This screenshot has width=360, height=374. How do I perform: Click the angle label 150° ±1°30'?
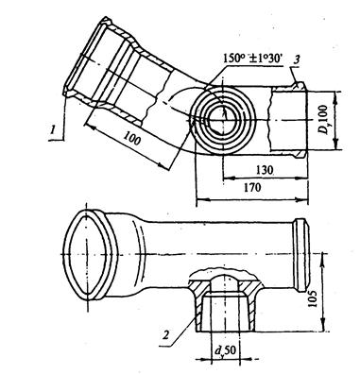coord(252,59)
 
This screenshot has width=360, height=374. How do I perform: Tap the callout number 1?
coord(54,129)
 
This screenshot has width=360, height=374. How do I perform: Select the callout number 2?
coord(166,335)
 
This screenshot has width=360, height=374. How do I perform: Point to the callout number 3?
coord(296,60)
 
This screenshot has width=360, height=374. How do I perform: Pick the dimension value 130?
coord(264,170)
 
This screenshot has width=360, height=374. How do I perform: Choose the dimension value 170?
coord(252,188)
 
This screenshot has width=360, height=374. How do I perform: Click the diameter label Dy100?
coord(322,120)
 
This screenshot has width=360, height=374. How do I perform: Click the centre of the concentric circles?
coord(223,120)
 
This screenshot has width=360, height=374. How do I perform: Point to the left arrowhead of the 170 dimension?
coord(201,199)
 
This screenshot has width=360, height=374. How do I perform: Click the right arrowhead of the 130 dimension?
coord(303,178)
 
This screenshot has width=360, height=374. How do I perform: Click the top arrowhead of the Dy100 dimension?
coord(335,96)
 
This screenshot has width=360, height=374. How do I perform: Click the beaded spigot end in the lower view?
coord(301,255)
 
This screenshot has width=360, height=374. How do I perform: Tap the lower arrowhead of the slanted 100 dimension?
coord(163,166)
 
